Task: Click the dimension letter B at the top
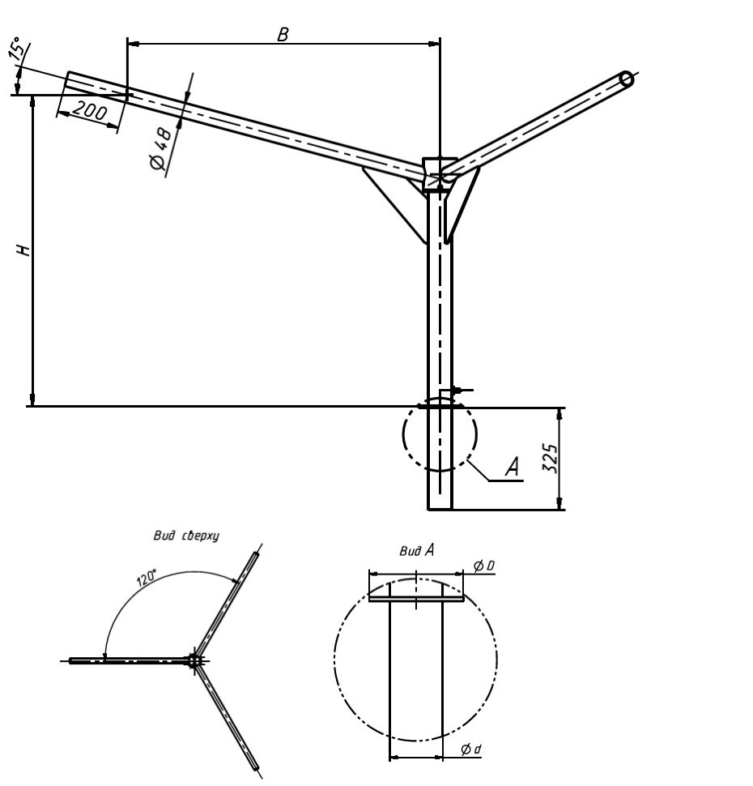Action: click(283, 35)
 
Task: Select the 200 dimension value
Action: click(90, 111)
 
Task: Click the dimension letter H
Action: click(23, 250)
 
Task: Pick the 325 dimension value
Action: click(550, 458)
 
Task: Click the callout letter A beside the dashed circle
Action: click(513, 467)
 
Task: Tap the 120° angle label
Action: click(147, 578)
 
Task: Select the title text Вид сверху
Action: click(186, 536)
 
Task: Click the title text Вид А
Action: click(417, 551)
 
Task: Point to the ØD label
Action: click(484, 566)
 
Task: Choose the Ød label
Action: click(470, 750)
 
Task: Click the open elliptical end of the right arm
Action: click(626, 80)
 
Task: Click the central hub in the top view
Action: click(195, 660)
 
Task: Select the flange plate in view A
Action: click(416, 598)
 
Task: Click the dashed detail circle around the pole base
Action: click(440, 434)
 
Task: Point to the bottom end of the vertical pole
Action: click(440, 510)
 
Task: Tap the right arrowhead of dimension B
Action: click(434, 44)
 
